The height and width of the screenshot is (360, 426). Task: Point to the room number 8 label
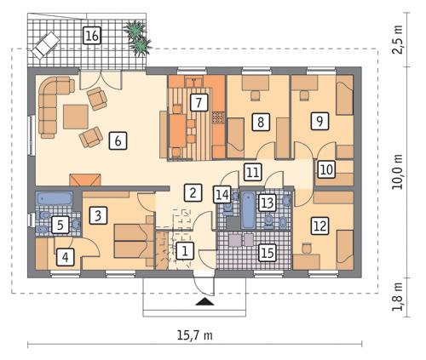(x=261, y=123)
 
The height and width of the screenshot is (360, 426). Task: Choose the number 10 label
(x=325, y=169)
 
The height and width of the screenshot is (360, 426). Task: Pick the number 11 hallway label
(x=252, y=171)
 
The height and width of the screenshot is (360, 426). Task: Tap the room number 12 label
(x=319, y=226)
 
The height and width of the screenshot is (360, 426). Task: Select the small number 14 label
(x=222, y=195)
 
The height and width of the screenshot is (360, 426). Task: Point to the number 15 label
(x=267, y=252)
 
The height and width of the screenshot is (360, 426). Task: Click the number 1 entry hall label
(x=186, y=251)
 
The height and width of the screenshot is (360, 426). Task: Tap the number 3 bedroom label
(x=99, y=216)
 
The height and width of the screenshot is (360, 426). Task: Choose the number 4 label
(x=65, y=254)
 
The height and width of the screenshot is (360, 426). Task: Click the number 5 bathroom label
(x=60, y=225)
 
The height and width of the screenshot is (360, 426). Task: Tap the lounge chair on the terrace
(x=47, y=40)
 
